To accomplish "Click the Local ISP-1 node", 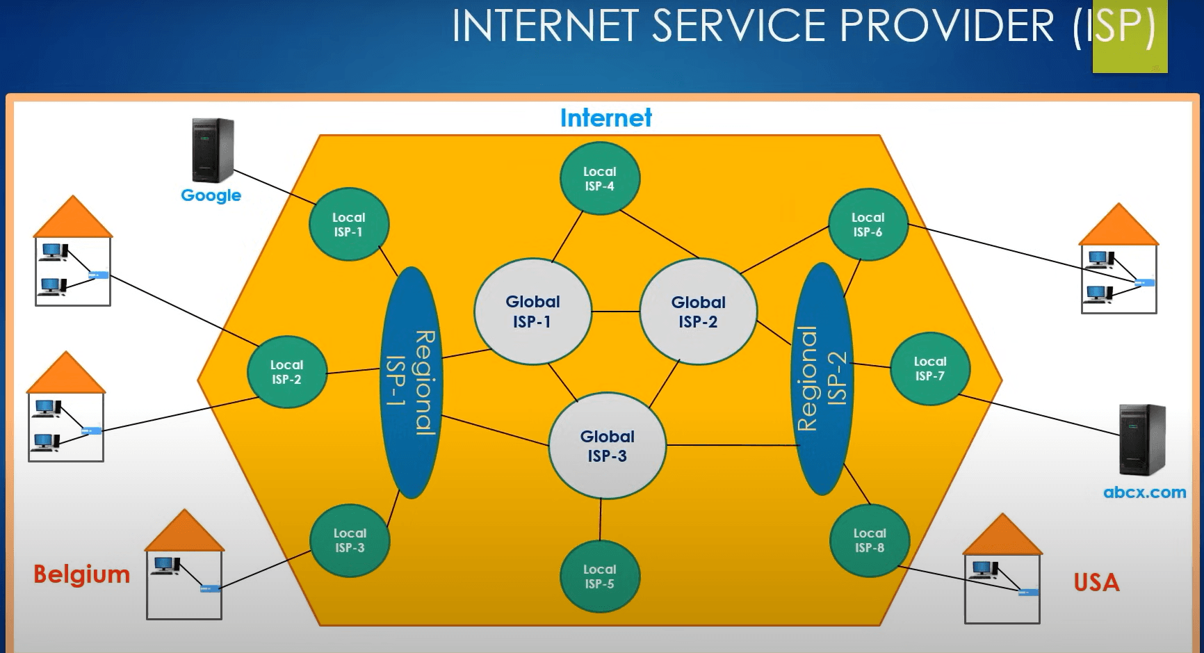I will click(348, 225).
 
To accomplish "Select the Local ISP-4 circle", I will click(599, 179).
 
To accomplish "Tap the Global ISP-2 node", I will click(698, 312).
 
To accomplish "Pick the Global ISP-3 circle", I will click(607, 446).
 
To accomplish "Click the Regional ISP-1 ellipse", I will click(412, 382).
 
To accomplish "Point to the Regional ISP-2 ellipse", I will click(824, 379).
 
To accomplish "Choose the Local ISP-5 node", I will click(599, 577).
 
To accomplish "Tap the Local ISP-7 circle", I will click(929, 369).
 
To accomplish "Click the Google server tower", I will click(213, 150).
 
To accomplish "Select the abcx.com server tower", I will click(1141, 440).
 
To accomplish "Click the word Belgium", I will click(82, 574).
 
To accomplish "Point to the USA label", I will click(1096, 582).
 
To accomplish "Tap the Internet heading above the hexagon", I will click(605, 118).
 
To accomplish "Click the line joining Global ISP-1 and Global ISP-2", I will click(615, 312).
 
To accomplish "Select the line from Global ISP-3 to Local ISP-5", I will click(601, 519).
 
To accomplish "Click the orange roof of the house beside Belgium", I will click(184, 533).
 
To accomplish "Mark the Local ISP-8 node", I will click(869, 540).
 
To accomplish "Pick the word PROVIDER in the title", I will click(947, 26).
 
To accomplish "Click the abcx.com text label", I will click(1144, 492).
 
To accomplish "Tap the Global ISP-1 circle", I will click(532, 312).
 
